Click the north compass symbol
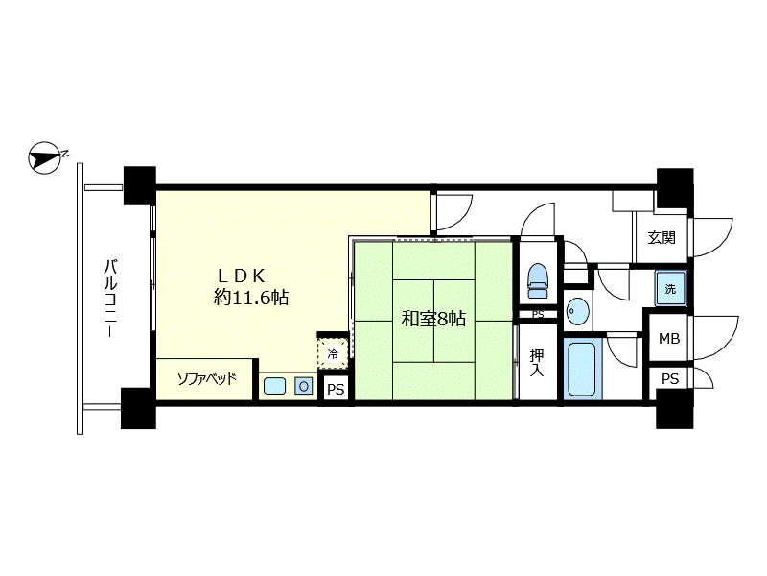(46, 158)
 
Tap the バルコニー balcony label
(110, 298)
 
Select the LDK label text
(242, 276)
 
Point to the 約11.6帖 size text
(251, 298)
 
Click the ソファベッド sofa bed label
(206, 378)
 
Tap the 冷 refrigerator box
(333, 353)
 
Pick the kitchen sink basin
(274, 386)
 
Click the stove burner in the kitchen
(303, 387)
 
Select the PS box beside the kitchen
(336, 390)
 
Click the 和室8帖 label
(433, 319)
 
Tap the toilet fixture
(538, 280)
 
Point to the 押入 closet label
(537, 363)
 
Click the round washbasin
(578, 311)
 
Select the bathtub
(582, 368)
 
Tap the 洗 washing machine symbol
(670, 289)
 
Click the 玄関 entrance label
(662, 238)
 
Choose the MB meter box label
(669, 339)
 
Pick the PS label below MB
(670, 378)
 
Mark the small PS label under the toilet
(538, 315)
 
